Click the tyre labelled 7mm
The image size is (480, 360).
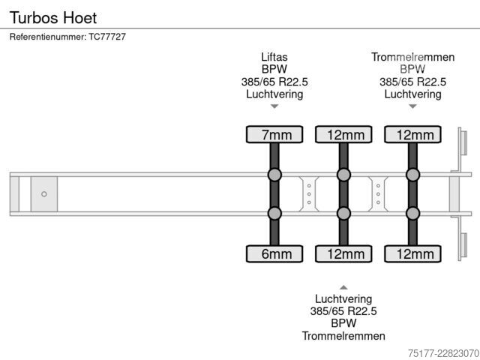pyautogui.click(x=274, y=134)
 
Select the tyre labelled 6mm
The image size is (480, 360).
pyautogui.click(x=274, y=253)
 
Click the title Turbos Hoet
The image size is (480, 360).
pyautogui.click(x=53, y=17)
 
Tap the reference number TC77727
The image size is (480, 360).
pyautogui.click(x=107, y=37)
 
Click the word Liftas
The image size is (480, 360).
pyautogui.click(x=274, y=57)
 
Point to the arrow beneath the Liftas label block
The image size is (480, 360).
pyautogui.click(x=274, y=106)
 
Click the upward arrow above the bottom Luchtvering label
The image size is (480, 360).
pyautogui.click(x=343, y=287)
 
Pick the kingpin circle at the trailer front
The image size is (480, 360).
pyautogui.click(x=44, y=194)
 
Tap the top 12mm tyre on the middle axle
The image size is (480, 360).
pyautogui.click(x=343, y=134)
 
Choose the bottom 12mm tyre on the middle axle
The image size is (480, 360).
pyautogui.click(x=343, y=253)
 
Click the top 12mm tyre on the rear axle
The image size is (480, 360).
pyautogui.click(x=413, y=134)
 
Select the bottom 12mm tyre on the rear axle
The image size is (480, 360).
pyautogui.click(x=413, y=253)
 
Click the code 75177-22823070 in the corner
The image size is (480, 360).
pyautogui.click(x=443, y=353)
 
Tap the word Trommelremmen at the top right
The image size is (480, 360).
pyautogui.click(x=413, y=57)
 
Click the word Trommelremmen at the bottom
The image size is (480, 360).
pyautogui.click(x=343, y=336)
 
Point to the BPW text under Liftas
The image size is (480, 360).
pyautogui.click(x=274, y=69)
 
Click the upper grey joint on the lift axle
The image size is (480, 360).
pyautogui.click(x=274, y=175)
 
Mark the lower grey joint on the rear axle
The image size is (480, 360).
pyautogui.click(x=413, y=213)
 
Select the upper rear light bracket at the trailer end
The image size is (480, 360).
pyautogui.click(x=463, y=142)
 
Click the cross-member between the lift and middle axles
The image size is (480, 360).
pyautogui.click(x=309, y=194)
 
